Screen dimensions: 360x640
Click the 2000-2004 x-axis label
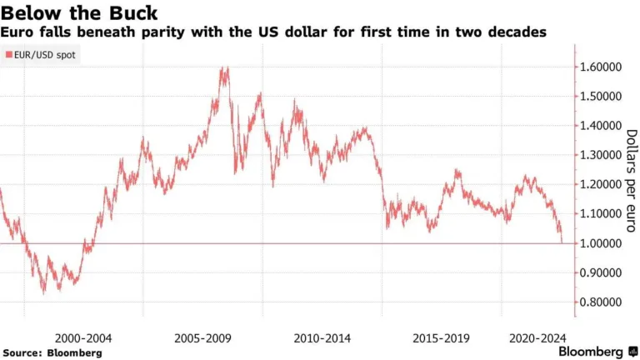[x=83, y=338]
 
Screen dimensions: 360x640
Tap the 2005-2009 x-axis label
[x=203, y=338]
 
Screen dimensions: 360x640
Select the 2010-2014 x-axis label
[x=323, y=338]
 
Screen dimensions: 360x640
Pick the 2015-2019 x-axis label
[x=441, y=338]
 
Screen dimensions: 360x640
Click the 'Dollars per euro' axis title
[x=631, y=183]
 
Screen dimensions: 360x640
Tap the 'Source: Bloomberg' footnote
[x=52, y=352]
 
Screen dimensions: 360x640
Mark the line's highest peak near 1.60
[x=223, y=69]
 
